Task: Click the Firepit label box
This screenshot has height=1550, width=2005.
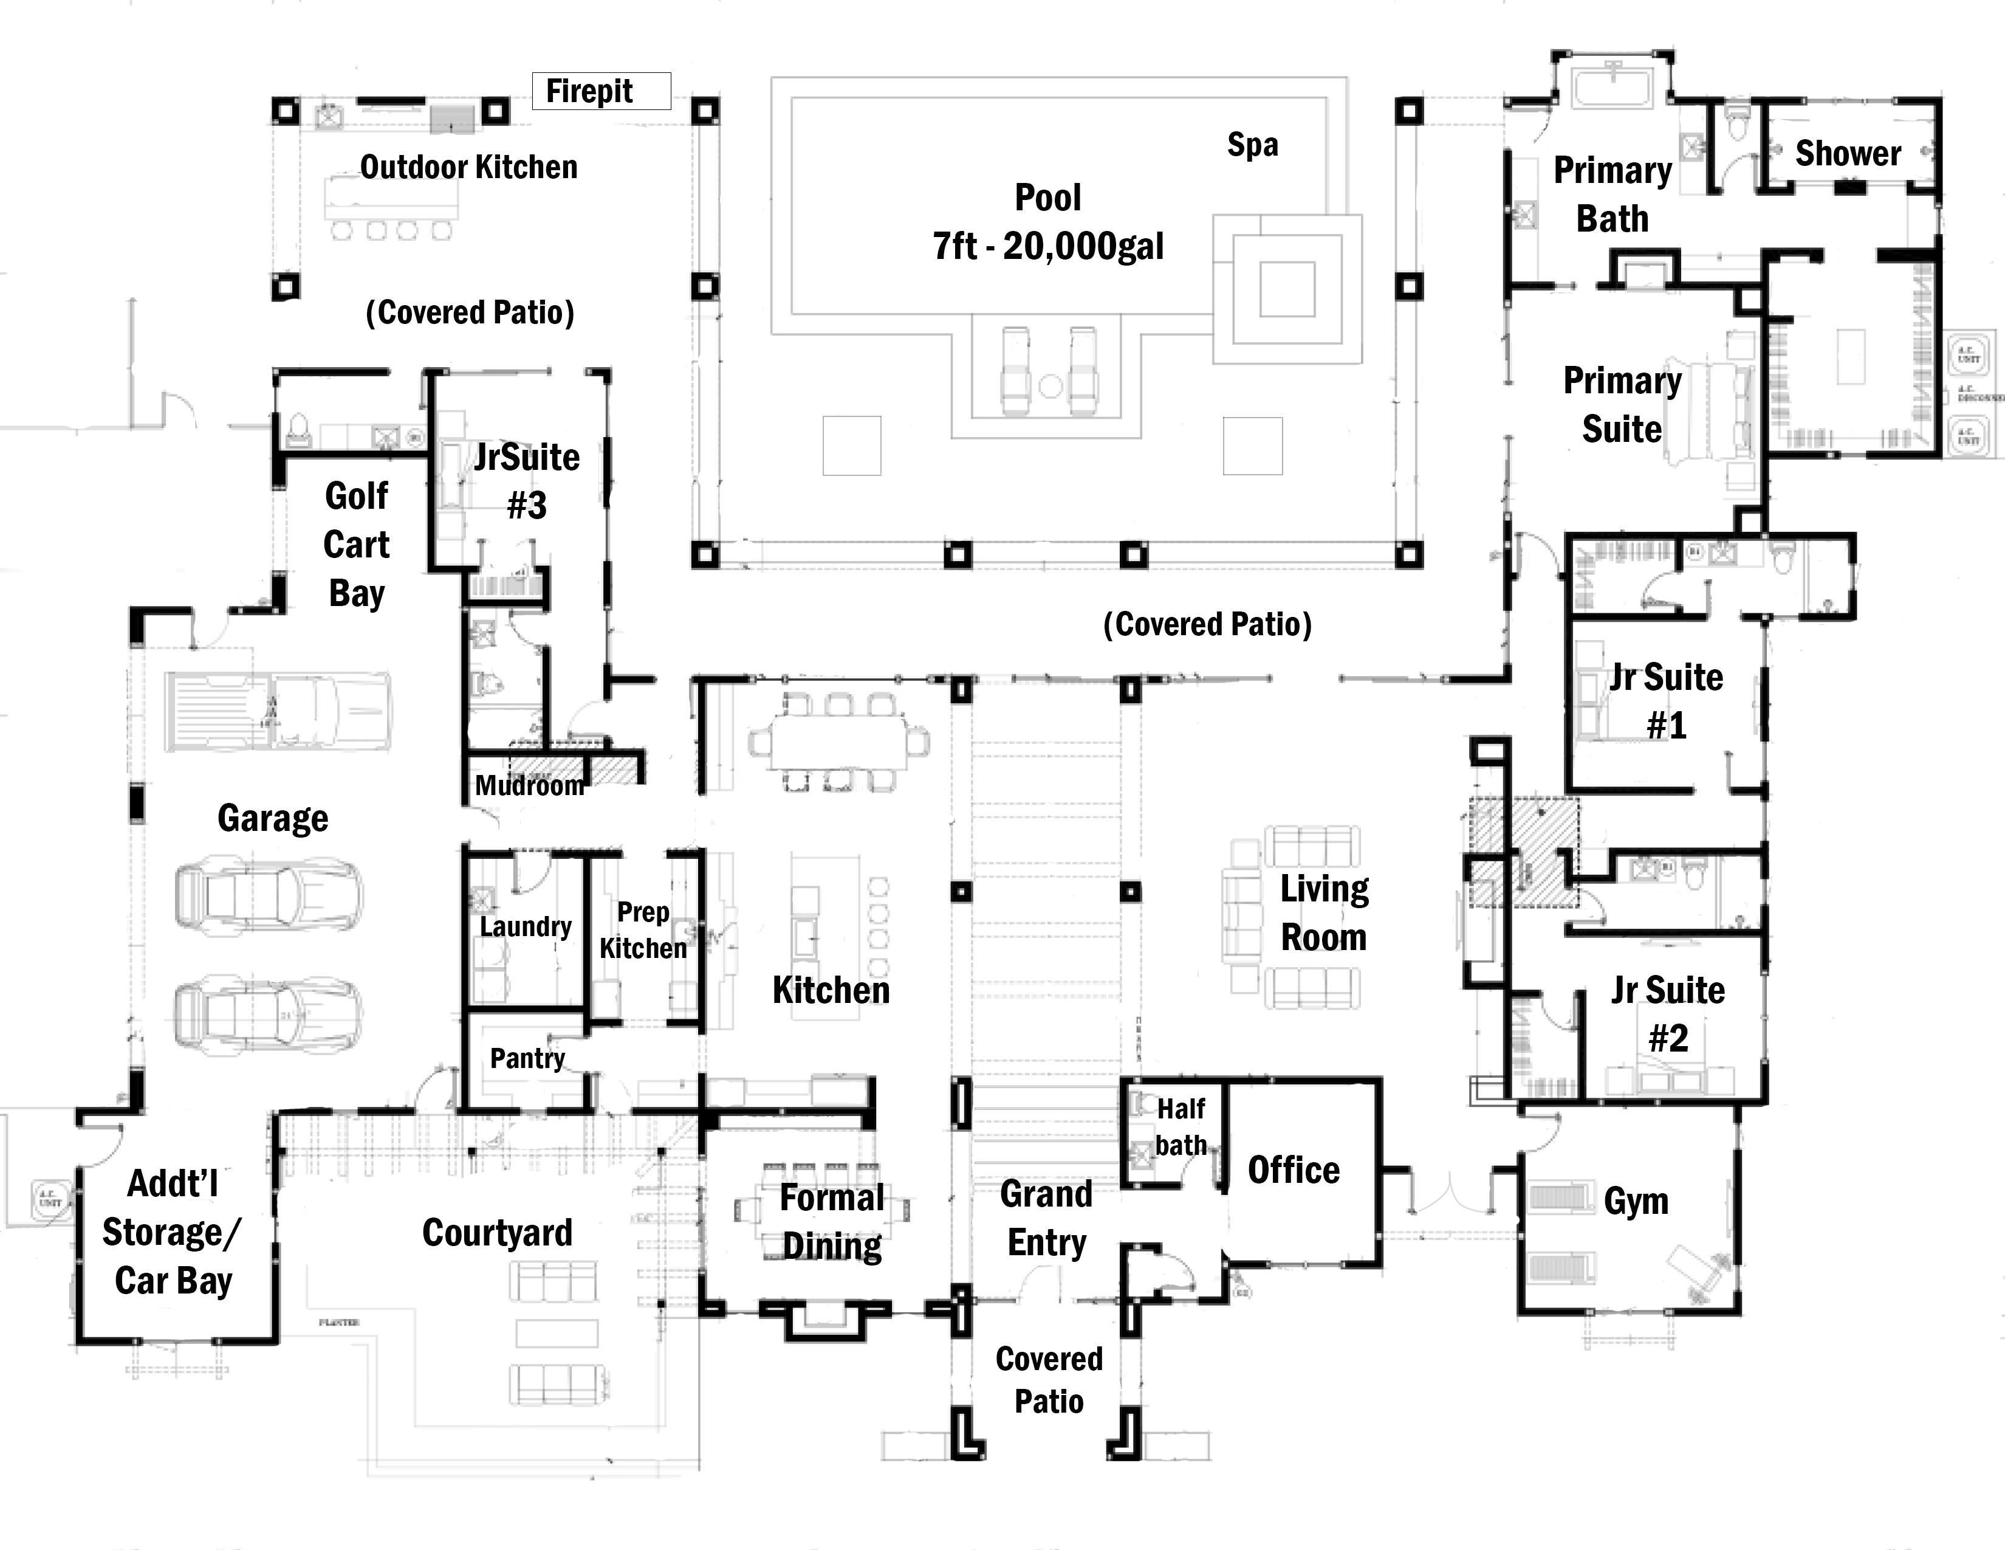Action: point(601,92)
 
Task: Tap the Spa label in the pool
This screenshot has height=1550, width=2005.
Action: point(1252,145)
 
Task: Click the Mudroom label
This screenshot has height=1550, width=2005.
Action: point(529,786)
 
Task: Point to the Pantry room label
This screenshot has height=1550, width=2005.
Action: point(527,1059)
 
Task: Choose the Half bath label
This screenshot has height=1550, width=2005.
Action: point(1181,1128)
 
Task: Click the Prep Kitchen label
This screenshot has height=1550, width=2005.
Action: point(643,930)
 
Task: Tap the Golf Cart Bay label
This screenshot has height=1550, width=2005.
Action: point(356,545)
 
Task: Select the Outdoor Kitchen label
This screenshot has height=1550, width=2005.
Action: point(468,168)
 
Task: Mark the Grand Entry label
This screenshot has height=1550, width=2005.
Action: point(1047,1219)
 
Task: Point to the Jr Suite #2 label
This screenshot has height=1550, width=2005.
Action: point(1667,1014)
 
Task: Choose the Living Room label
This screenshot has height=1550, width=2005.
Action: point(1324,914)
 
